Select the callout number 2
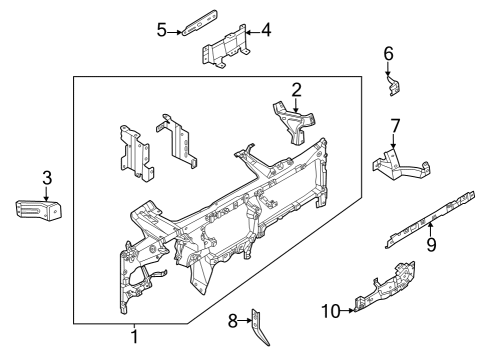tap(296, 91)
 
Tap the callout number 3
tap(46, 178)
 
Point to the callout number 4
tap(266, 31)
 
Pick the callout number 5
tap(162, 31)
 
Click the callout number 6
tap(389, 53)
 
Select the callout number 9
tap(432, 243)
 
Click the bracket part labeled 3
tap(38, 211)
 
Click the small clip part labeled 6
tap(394, 87)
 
